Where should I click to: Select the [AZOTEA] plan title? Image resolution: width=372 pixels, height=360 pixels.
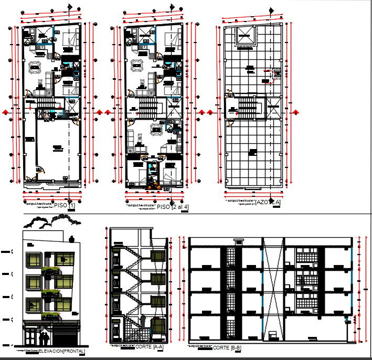click(x=267, y=202)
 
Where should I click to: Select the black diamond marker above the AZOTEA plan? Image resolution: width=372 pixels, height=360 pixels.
click(x=271, y=9)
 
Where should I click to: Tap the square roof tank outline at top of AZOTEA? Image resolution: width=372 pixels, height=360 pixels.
click(x=246, y=38)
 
